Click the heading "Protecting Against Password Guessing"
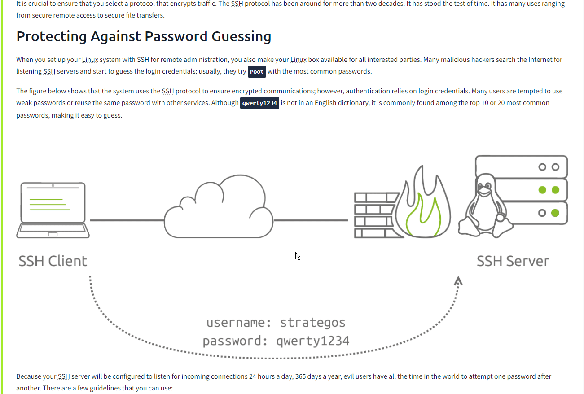click(144, 36)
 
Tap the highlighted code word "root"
click(257, 71)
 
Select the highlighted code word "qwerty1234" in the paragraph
click(260, 103)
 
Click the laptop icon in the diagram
click(53, 210)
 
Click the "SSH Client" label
click(53, 261)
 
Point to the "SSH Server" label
click(513, 261)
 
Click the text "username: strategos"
click(276, 323)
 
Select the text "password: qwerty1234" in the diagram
click(276, 341)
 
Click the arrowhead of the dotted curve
click(458, 281)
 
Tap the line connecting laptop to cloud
click(127, 220)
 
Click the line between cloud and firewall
click(311, 220)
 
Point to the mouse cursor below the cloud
click(297, 256)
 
